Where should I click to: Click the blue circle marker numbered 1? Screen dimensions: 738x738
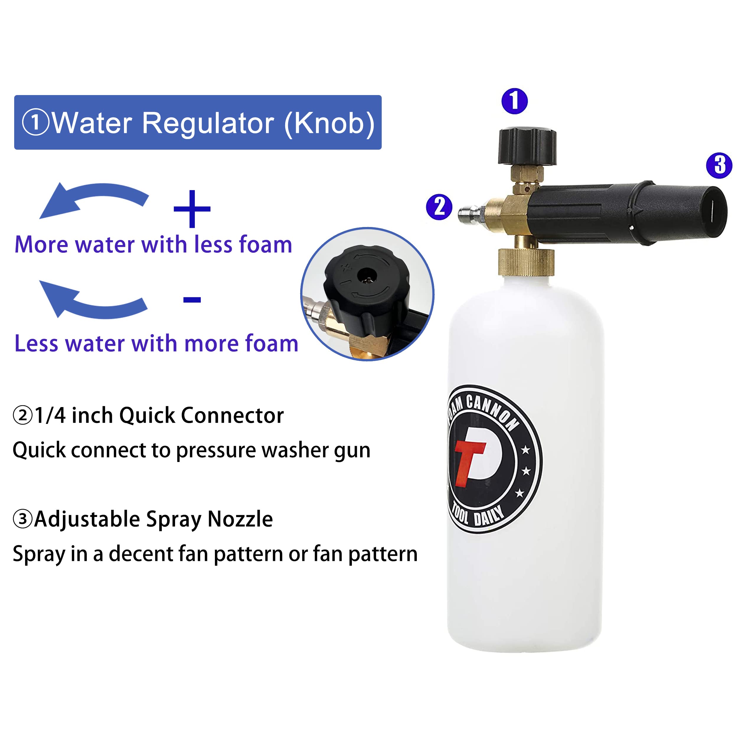point(515,101)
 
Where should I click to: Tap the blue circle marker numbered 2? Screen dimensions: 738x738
point(439,207)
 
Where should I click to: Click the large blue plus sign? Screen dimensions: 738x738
point(192,209)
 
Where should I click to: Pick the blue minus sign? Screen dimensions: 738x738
point(192,299)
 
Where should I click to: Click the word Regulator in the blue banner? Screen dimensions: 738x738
point(208,123)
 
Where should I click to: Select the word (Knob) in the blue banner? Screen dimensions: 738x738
point(329,123)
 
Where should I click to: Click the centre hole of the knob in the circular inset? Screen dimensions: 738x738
point(367,275)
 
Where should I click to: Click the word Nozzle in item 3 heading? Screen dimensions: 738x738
point(240,519)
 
